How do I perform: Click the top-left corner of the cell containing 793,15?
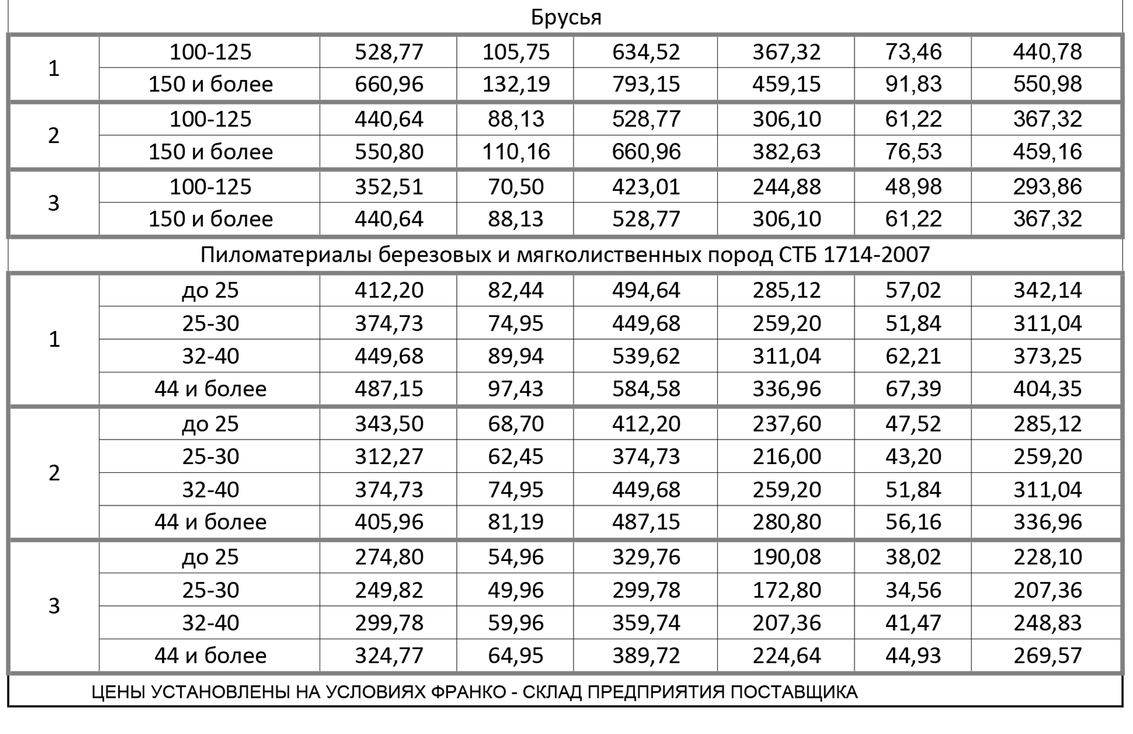coord(573,68)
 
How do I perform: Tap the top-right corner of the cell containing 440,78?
coord(1122,36)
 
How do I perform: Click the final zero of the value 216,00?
coord(815,456)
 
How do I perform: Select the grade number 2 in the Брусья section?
coord(54,136)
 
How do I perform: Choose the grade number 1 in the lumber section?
coord(54,339)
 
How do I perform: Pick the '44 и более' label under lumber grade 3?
coord(211,656)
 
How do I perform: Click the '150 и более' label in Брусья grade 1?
coord(211,84)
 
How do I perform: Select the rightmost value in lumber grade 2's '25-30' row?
coord(1047,456)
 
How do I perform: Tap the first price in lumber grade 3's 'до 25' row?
coord(389,557)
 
